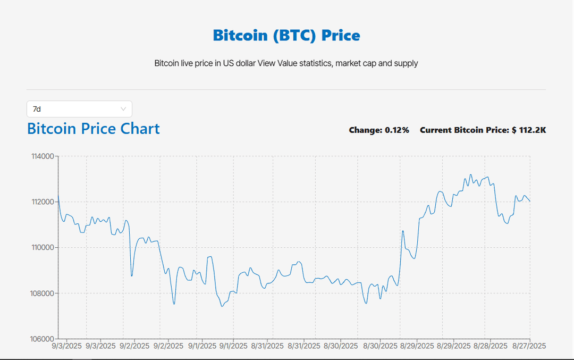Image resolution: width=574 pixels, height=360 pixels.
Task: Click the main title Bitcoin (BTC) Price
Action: point(286,35)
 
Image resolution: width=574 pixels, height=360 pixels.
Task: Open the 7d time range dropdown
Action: point(79,109)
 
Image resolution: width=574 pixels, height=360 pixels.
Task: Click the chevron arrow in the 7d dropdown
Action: point(123,109)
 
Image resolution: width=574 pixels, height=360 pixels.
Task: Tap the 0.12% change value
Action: point(396,130)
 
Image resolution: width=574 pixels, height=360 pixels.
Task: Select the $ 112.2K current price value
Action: point(529,130)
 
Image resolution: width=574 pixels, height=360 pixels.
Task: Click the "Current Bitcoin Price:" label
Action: point(464,130)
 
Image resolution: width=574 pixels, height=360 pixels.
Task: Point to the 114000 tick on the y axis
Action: point(44,156)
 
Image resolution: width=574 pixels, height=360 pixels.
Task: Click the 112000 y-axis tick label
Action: point(44,202)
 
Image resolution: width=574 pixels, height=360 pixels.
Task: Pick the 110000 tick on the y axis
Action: point(44,248)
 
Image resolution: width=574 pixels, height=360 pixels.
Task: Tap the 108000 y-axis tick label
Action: point(44,294)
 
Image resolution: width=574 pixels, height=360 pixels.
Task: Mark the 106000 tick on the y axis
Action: point(44,339)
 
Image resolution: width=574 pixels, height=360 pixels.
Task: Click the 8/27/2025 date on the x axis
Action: point(529,346)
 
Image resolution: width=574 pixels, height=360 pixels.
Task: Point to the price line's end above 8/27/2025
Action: point(530,201)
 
